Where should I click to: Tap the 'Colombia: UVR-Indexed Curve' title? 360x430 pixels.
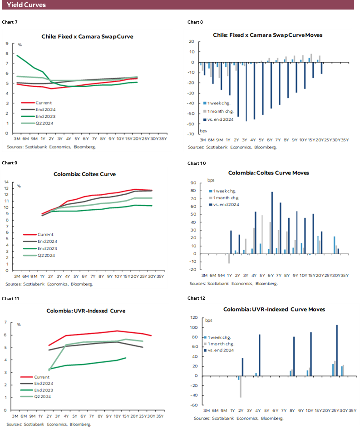pyautogui.click(x=86, y=311)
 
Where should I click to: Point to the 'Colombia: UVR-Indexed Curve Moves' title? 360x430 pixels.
pyautogui.click(x=274, y=309)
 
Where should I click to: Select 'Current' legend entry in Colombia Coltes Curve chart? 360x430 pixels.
pyautogui.click(x=39, y=235)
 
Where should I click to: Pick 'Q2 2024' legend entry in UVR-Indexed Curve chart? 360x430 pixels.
pyautogui.click(x=40, y=396)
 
